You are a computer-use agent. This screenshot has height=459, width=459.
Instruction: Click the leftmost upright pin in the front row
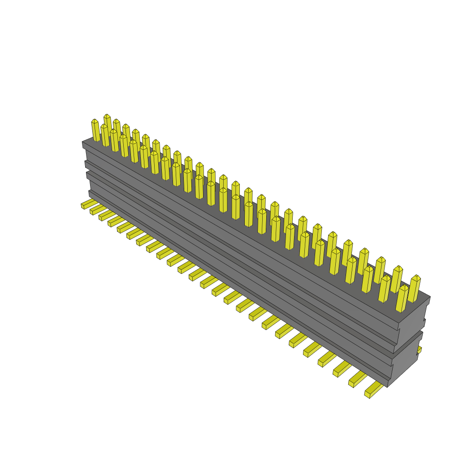95,130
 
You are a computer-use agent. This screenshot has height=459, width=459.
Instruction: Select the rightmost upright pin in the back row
414,289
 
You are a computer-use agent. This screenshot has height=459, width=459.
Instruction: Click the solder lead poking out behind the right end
419,349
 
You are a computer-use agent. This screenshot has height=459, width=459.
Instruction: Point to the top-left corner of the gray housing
82,143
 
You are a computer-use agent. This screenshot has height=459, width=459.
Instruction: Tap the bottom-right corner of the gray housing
388,387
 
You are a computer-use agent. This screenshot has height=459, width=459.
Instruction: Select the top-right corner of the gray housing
430,297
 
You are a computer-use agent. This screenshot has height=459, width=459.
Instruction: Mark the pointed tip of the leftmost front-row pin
95,120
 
